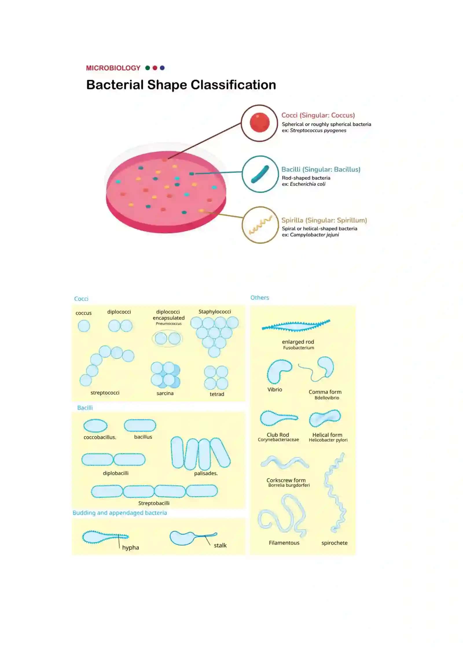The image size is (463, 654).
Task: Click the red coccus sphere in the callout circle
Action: tap(260, 123)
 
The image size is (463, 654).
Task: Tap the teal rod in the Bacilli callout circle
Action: tap(260, 174)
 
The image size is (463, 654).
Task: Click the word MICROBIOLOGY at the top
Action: tap(113, 68)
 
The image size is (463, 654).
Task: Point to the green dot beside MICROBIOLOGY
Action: tap(148, 68)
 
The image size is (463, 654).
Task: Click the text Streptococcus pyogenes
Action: tap(318, 130)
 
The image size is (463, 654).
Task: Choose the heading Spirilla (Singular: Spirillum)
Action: tap(324, 220)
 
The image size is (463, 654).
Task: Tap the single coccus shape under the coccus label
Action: tap(84, 326)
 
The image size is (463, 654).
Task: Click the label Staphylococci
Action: tap(215, 312)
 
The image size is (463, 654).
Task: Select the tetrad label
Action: tap(217, 394)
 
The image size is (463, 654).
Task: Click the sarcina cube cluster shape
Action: tap(166, 375)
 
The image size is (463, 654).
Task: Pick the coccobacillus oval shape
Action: tap(95, 426)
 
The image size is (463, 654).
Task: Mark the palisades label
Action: tap(206, 473)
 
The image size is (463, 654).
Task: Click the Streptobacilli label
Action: tap(154, 503)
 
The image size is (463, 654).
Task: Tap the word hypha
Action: tap(131, 548)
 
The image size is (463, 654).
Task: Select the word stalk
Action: tap(220, 545)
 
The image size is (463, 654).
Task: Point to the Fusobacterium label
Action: tap(299, 348)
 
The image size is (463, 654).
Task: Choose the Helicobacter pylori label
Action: tap(328, 440)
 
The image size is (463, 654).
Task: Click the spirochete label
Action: tap(335, 543)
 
